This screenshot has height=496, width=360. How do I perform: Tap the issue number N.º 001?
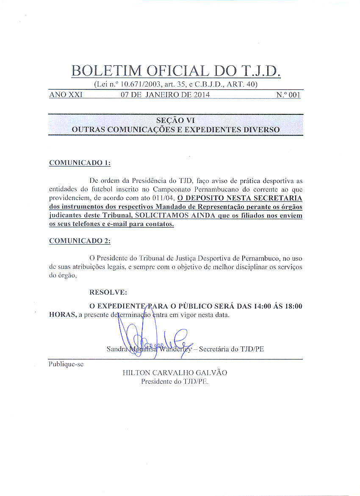point(288,95)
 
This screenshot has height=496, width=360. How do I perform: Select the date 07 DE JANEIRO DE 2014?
point(165,95)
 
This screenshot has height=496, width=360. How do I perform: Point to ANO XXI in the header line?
point(66,95)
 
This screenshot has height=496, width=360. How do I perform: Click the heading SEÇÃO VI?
point(175,120)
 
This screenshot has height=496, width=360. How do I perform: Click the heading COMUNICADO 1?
point(80,162)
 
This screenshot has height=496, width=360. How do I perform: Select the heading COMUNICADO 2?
point(80,241)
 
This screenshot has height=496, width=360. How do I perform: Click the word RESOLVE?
point(108,293)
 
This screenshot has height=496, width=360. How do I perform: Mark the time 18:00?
point(291,307)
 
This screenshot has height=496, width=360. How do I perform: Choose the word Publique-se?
point(66,364)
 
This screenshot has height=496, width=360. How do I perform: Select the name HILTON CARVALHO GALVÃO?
point(175,373)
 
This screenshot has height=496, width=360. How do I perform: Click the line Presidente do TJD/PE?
point(175,381)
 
